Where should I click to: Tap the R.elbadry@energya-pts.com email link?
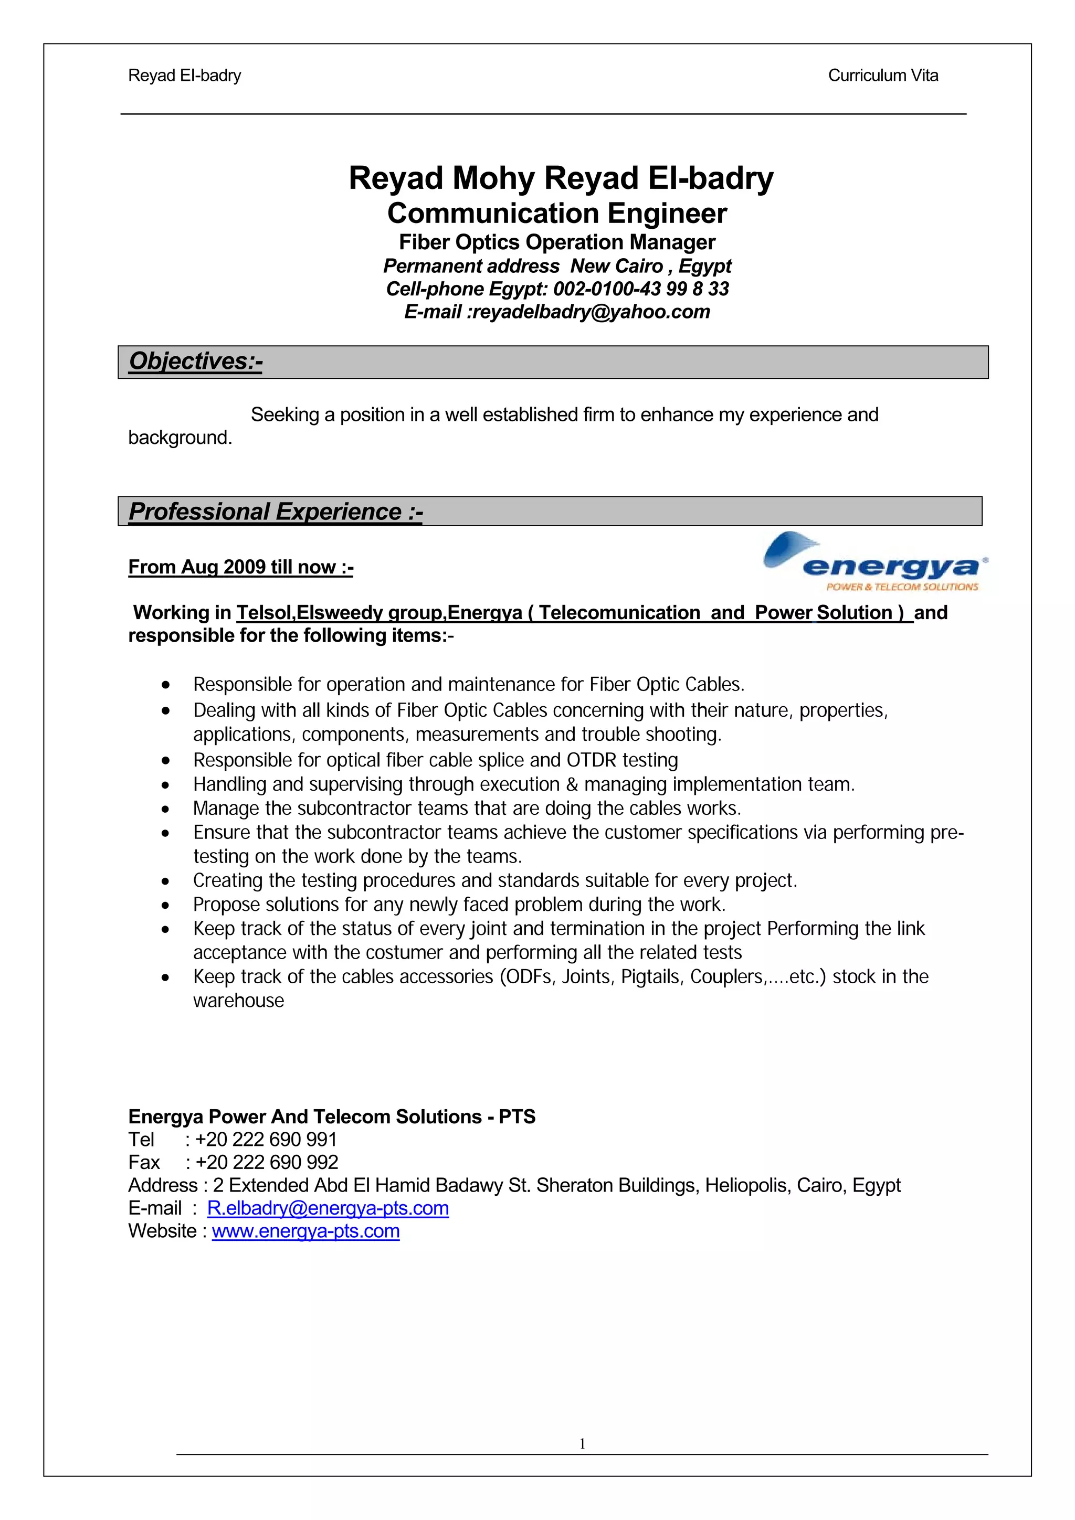328,1208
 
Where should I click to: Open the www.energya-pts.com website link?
305,1231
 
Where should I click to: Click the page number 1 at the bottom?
582,1444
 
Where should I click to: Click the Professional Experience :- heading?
275,512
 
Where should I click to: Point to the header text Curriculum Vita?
882,76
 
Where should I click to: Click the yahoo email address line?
556,312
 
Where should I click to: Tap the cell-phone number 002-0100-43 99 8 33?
640,289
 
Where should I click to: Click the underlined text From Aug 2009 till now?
240,567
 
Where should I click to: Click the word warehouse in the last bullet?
238,1001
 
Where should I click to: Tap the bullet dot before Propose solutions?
165,906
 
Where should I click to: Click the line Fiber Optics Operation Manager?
556,242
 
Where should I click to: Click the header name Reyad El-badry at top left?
184,76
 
